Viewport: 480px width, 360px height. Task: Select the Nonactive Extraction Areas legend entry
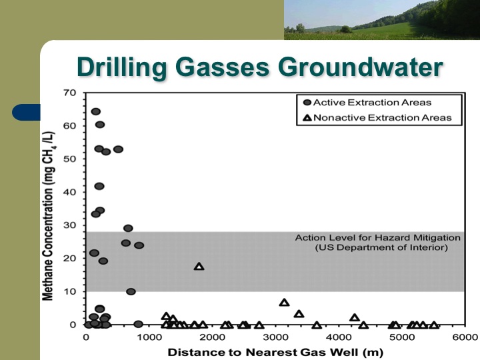click(x=377, y=117)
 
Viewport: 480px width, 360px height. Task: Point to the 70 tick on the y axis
click(x=70, y=93)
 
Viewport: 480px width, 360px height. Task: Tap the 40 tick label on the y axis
click(x=70, y=192)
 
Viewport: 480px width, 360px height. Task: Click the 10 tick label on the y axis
click(x=70, y=292)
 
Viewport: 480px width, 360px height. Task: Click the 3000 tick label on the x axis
click(x=275, y=337)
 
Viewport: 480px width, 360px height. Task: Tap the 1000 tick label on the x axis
click(x=149, y=337)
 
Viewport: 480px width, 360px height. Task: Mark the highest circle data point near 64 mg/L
click(x=95, y=111)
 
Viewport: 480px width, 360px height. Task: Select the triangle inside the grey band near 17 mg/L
click(x=199, y=267)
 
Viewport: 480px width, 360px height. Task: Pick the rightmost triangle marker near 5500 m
click(x=434, y=325)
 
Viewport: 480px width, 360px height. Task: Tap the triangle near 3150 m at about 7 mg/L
click(x=285, y=303)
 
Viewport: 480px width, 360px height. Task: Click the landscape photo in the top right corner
click(x=381, y=19)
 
